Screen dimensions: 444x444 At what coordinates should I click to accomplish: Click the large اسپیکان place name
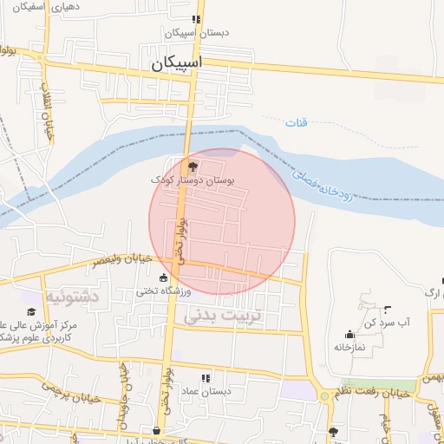coord(175,63)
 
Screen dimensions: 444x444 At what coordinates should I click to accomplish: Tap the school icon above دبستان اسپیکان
coord(197,19)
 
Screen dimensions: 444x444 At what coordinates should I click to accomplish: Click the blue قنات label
coord(296,123)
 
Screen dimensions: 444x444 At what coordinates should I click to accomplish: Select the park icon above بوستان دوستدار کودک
coord(193,166)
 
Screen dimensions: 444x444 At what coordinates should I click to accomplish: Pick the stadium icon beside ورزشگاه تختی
coord(163,277)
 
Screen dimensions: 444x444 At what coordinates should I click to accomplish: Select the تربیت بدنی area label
coord(221,317)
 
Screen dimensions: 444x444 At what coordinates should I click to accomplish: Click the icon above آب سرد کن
coord(387,310)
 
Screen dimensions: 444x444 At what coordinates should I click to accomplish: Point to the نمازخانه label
coord(349,347)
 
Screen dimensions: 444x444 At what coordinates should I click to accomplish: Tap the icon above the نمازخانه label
coord(349,334)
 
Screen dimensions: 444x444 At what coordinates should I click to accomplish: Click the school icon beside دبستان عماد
coord(206,378)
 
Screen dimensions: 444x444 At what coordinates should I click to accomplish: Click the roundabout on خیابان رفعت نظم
coord(325,395)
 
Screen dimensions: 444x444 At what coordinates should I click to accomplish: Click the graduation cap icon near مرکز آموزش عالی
coord(31,311)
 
